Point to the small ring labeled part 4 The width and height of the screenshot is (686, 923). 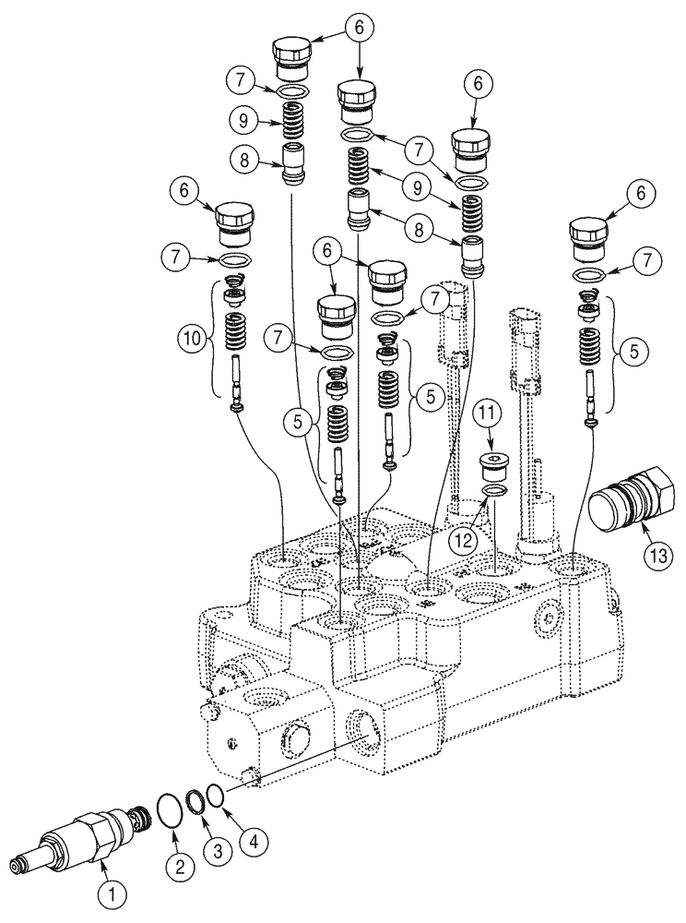(213, 794)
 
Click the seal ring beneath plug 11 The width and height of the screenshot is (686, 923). (494, 488)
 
